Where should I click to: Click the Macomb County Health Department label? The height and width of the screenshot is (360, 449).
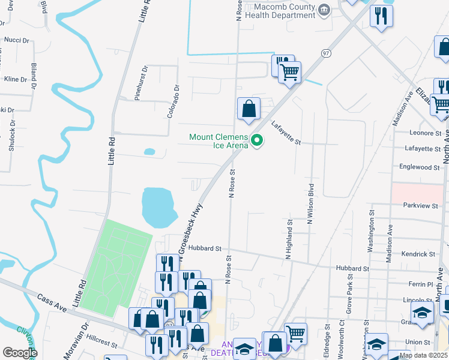tap(284, 11)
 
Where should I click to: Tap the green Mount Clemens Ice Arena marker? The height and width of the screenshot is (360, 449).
tap(258, 141)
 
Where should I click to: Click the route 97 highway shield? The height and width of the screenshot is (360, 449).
tap(326, 53)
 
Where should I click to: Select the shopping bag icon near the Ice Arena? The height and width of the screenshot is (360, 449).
tap(249, 109)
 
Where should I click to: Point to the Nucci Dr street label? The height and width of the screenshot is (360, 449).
tap(17, 40)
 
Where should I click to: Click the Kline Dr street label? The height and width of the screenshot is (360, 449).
tap(16, 79)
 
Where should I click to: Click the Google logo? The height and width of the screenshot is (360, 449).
tap(19, 352)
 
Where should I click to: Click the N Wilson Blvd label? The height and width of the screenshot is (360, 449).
tap(310, 203)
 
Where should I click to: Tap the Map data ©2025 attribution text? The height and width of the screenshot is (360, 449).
tap(423, 355)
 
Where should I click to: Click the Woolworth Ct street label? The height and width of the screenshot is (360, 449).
tap(342, 334)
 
